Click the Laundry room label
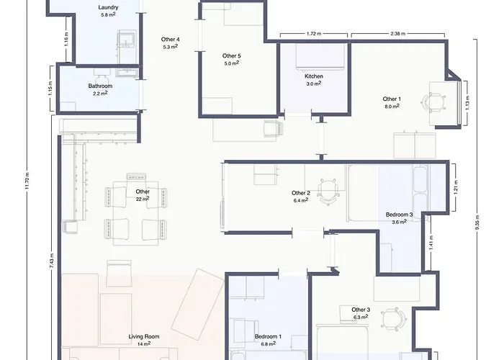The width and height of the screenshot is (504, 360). pos(109,6)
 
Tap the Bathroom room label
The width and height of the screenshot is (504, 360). pos(100,86)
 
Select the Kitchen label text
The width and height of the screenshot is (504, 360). pos(313,76)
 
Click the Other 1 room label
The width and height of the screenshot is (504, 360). pos(392,99)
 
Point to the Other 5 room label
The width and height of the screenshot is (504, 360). pos(231,55)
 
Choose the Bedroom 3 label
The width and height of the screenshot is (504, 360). pos(399,215)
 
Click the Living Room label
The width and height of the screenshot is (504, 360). pos(144,336)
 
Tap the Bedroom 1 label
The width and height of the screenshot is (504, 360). pos(268,336)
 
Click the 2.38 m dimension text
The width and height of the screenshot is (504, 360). pos(397,34)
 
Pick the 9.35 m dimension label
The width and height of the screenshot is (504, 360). pos(477,223)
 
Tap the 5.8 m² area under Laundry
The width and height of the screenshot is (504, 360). pos(109,14)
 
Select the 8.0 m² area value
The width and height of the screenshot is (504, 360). pos(392,107)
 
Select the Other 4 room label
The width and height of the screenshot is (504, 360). pos(171,39)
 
